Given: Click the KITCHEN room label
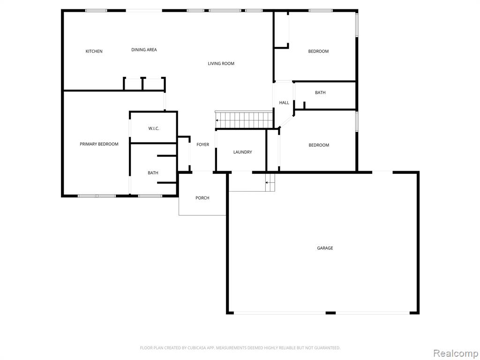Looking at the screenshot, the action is (94, 51).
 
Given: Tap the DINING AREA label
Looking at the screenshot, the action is (144, 50).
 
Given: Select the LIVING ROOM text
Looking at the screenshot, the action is (221, 63).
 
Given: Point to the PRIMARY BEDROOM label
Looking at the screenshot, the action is (99, 144).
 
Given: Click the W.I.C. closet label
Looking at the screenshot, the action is (154, 128).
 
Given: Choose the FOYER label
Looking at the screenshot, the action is (202, 144).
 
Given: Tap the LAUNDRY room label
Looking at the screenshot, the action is (242, 152).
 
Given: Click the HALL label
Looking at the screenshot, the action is (284, 103).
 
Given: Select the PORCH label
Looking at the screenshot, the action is (202, 198).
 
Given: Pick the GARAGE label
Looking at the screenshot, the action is (325, 248).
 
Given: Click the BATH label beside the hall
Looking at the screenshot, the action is (320, 92).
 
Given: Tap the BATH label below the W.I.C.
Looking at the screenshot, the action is (153, 172).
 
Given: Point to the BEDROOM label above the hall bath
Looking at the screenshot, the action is (318, 51).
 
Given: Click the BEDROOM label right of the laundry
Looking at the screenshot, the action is (319, 145).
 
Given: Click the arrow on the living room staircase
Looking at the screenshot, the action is (217, 120).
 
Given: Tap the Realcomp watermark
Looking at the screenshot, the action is (456, 353).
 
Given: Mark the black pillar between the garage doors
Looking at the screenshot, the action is (330, 313).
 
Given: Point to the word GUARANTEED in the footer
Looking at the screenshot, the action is (328, 348).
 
